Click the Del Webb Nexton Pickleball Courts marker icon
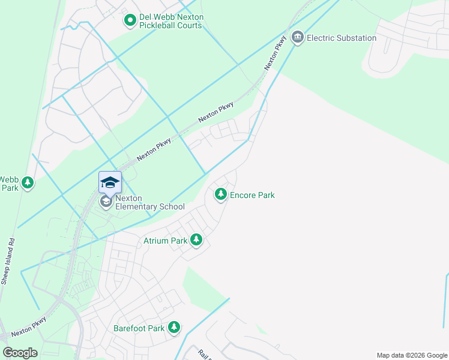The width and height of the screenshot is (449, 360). tap(130, 21)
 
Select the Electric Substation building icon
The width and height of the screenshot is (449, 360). tap(297, 38)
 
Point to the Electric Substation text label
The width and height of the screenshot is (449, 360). tap(342, 38)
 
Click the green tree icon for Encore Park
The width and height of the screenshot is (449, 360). tap(221, 194)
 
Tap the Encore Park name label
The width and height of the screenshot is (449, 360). tap(253, 195)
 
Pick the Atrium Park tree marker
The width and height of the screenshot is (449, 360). tap(196, 241)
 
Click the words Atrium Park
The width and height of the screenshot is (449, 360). tap(166, 241)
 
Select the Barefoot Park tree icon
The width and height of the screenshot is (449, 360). tap(174, 328)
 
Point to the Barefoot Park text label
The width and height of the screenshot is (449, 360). tap(139, 328)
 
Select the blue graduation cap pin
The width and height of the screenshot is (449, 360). tap(110, 182)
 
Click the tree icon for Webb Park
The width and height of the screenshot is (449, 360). tap(27, 182)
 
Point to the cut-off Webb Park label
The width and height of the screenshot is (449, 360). tap(9, 184)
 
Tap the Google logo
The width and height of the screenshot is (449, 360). tap(20, 353)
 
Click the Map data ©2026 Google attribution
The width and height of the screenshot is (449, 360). tap(412, 355)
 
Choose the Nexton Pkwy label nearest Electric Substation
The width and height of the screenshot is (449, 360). tap(274, 53)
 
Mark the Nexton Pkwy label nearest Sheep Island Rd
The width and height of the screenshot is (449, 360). tap(28, 329)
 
